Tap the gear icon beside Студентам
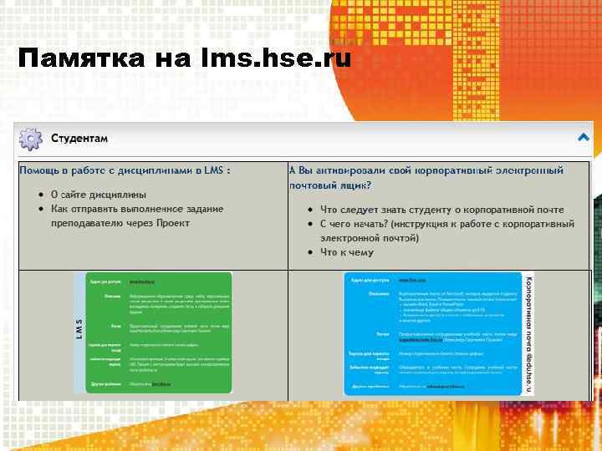pos(31,138)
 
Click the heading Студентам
pos(79,138)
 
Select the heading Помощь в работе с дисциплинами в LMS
pos(125,170)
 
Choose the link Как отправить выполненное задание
pos(137,209)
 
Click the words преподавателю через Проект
pos(120,223)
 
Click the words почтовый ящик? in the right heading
pos(330,185)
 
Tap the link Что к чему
pos(347,252)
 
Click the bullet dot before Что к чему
pos(309,252)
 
